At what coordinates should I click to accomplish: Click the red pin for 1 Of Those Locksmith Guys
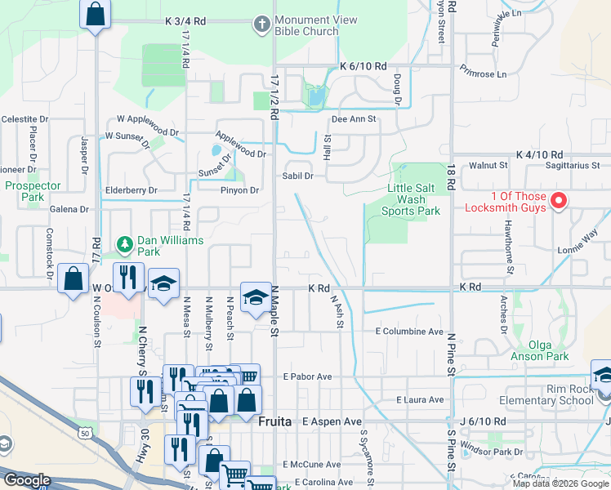pyautogui.click(x=560, y=201)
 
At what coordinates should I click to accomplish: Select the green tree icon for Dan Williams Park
pyautogui.click(x=124, y=243)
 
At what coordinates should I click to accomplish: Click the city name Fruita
pyautogui.click(x=276, y=422)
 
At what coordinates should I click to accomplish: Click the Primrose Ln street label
pyautogui.click(x=483, y=72)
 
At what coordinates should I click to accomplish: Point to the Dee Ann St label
pyautogui.click(x=351, y=119)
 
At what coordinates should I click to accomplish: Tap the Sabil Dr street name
pyautogui.click(x=298, y=176)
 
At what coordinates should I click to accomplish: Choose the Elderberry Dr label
pyautogui.click(x=131, y=190)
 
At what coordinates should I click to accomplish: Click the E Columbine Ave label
pyautogui.click(x=408, y=332)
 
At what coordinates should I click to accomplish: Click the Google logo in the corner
pyautogui.click(x=26, y=480)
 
